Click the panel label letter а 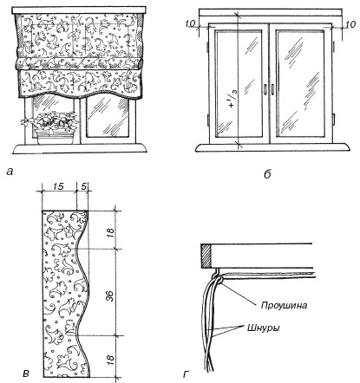point(10,172)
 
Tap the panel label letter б point(267,174)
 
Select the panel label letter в point(26,373)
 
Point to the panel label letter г point(187,374)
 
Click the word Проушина point(284,305)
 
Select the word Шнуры point(263,328)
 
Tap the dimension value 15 point(58,186)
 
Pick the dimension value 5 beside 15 point(82,186)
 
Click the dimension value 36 point(109,295)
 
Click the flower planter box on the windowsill point(55,137)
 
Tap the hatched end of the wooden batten point(206,256)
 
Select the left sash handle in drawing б point(265,89)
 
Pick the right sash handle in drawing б point(272,89)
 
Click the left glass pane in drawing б point(239,83)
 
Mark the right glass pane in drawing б point(300,83)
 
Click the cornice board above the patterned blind point(78,10)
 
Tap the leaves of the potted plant point(50,121)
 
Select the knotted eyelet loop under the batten point(219,279)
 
